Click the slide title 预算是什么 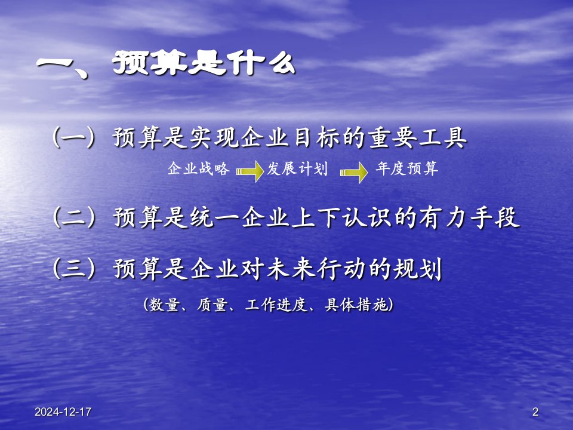click(x=204, y=63)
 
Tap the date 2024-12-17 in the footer click(x=63, y=411)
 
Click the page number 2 click(x=535, y=411)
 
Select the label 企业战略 click(x=198, y=169)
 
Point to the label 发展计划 click(x=297, y=169)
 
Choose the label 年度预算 click(x=406, y=169)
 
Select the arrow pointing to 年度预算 click(x=353, y=172)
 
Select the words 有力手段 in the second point click(x=470, y=217)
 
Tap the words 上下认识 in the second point click(x=341, y=217)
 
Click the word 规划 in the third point click(x=418, y=269)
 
